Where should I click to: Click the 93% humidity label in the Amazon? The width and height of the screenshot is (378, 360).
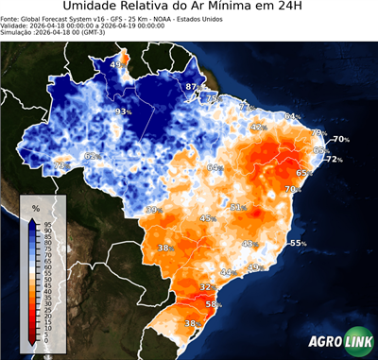tap(123, 111)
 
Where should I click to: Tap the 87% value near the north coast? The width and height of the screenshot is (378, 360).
tap(192, 87)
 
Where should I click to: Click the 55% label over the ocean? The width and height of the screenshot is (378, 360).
tap(298, 243)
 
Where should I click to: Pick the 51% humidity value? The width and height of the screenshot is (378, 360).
tap(238, 207)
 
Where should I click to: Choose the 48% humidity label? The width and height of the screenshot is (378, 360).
tap(249, 244)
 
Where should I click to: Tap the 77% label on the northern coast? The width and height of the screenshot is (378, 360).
tap(246, 107)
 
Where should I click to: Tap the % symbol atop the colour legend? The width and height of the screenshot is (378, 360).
tap(35, 207)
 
